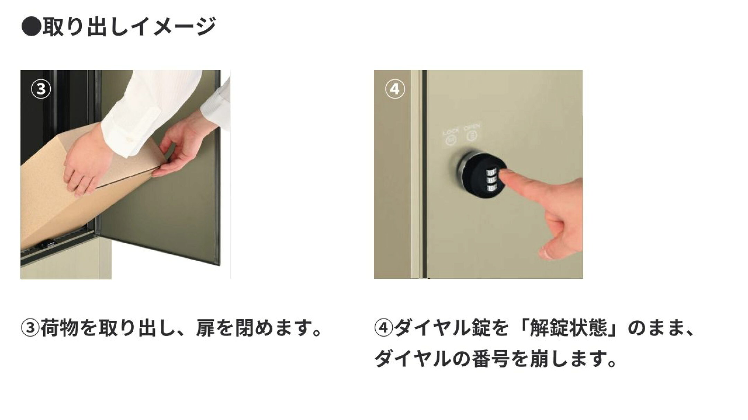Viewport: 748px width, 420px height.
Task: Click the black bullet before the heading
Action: (32, 27)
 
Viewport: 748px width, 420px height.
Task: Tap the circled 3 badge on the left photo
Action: (41, 89)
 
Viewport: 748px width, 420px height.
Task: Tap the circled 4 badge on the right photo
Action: (395, 89)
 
